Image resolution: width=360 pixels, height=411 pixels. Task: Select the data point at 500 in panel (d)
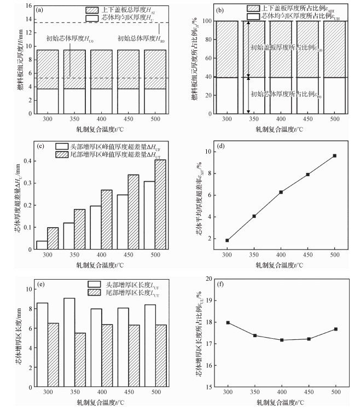pyautogui.click(x=334, y=156)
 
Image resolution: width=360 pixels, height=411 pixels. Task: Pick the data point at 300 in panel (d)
pyautogui.click(x=227, y=240)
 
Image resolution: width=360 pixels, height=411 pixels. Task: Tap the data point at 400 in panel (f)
pyautogui.click(x=281, y=340)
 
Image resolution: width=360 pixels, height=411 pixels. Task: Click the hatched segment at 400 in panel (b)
pyautogui.click(x=281, y=49)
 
